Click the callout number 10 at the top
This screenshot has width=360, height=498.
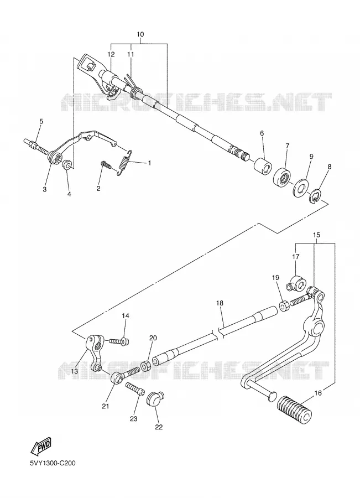[140, 34]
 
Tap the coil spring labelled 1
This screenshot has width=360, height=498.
[124, 162]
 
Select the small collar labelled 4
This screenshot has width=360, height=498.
[67, 165]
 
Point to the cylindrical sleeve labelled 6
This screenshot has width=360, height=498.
[263, 165]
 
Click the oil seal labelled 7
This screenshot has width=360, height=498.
[281, 177]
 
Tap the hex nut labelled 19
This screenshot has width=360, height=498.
[284, 306]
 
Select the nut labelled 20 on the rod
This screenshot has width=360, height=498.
[146, 366]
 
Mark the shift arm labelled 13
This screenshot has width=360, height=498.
[94, 352]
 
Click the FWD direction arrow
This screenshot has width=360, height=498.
[40, 446]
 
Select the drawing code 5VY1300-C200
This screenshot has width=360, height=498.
[53, 463]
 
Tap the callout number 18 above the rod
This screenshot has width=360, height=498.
[220, 303]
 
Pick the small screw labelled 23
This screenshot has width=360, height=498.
[135, 388]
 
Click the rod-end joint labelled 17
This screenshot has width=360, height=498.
[295, 283]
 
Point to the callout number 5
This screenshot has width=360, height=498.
[41, 121]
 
